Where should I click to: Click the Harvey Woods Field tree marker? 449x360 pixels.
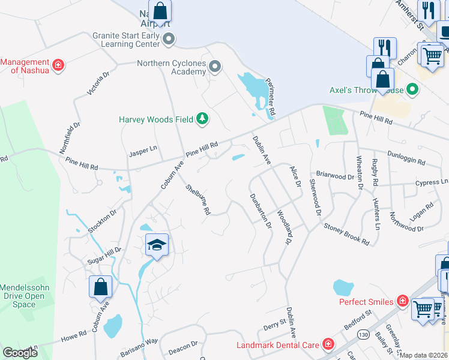203,119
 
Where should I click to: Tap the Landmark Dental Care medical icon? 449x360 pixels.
328,344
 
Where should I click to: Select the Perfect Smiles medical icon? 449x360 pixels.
402,301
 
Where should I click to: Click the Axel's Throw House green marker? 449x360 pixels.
412,91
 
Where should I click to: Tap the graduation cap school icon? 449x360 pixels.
157,245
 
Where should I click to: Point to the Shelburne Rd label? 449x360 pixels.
199,199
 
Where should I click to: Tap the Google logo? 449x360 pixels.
20,353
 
